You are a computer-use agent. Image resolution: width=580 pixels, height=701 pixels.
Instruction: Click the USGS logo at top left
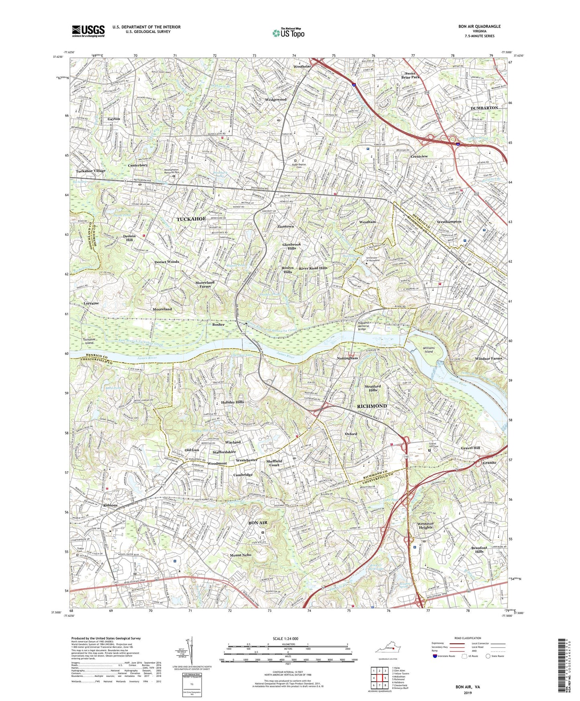coord(88,31)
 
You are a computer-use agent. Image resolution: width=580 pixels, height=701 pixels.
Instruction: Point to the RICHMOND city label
coord(370,406)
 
